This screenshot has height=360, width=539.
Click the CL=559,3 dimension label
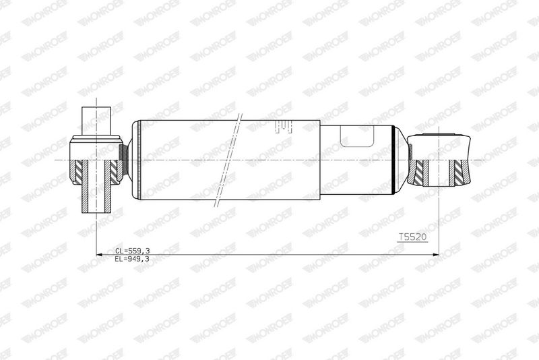pos(132,250)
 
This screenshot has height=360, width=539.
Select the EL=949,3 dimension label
pos(132,258)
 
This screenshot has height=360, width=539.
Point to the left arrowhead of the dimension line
pos(98,255)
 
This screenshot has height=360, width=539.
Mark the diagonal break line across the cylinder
pos(228,160)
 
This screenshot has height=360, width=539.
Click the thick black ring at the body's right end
pos(392,160)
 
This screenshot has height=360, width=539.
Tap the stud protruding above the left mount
pos(95,121)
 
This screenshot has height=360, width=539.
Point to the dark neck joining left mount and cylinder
pos(123,160)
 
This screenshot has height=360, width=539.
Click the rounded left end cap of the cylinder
pos(135,160)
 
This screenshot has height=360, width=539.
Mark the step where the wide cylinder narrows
pos(320,160)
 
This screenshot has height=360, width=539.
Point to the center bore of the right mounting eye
pos(441,173)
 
